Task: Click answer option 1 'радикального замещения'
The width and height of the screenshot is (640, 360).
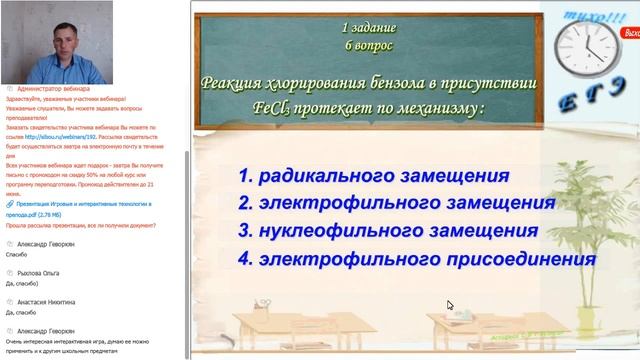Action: pyautogui.click(x=373, y=176)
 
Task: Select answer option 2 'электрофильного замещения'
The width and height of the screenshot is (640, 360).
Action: pyautogui.click(x=396, y=204)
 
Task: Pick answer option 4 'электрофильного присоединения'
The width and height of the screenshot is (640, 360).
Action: pyautogui.click(x=417, y=259)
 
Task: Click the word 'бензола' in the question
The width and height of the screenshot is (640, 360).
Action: pyautogui.click(x=396, y=83)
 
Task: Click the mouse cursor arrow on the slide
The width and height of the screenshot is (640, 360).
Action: pyautogui.click(x=450, y=306)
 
